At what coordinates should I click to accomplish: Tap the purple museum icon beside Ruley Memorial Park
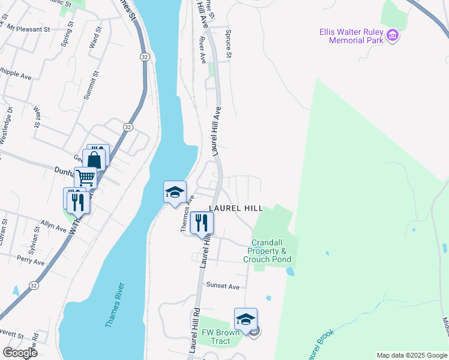(393, 35)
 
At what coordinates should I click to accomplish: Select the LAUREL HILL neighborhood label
(236, 208)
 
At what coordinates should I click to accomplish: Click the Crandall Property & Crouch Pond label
(267, 251)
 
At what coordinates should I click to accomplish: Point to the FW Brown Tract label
(216, 337)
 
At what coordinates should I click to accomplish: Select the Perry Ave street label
(31, 262)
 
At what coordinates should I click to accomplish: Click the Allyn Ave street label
(53, 226)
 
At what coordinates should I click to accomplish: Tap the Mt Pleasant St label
(29, 29)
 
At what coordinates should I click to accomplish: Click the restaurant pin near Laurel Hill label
(202, 222)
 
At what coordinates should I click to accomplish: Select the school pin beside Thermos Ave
(175, 192)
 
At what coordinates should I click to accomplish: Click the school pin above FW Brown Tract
(246, 319)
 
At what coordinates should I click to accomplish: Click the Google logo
(20, 353)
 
